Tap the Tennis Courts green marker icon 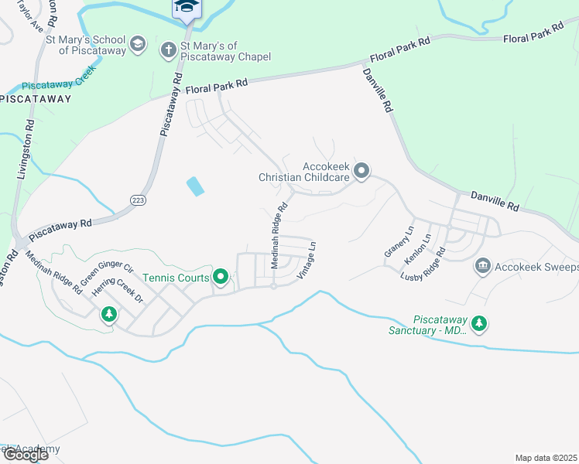[221, 277]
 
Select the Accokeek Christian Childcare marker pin [361, 171]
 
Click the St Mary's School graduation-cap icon [137, 43]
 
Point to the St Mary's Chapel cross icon [167, 50]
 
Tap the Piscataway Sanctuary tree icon [479, 322]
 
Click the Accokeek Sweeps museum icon [482, 267]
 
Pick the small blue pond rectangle [196, 186]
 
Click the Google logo [25, 455]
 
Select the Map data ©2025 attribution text [546, 458]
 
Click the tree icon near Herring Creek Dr [109, 314]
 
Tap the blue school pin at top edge [186, 8]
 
